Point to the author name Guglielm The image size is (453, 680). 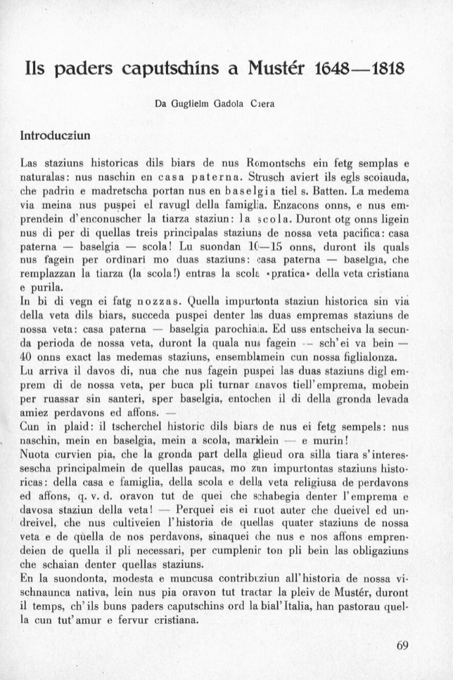pos(185,104)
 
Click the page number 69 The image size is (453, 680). pos(402,646)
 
